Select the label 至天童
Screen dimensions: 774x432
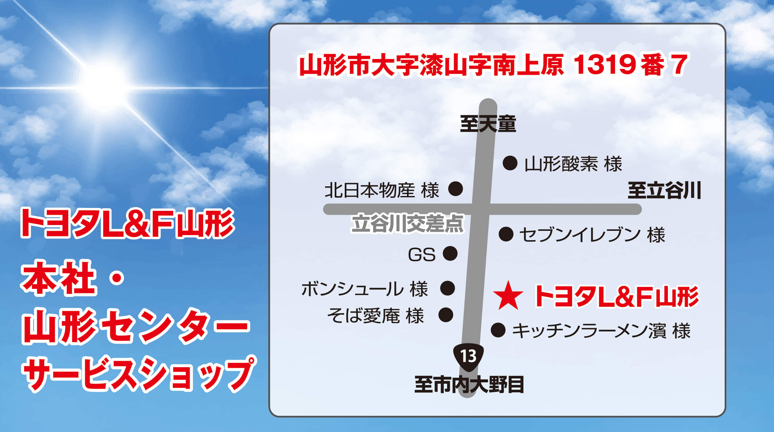tap(488, 124)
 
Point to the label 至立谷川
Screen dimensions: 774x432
tap(664, 191)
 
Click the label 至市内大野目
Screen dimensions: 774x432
tap(469, 385)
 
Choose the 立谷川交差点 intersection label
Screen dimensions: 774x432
tap(407, 223)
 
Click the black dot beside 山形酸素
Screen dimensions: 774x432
tap(510, 163)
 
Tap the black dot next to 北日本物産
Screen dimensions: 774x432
tap(456, 189)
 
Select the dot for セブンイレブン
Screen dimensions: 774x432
tap(506, 234)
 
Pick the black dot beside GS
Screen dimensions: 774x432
tap(450, 253)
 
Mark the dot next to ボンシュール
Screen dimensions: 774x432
tap(448, 288)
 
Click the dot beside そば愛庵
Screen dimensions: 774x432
tap(446, 315)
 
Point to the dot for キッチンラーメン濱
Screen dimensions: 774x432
tap(498, 330)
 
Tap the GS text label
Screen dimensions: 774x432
tap(422, 255)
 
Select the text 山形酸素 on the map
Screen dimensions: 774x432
tap(561, 164)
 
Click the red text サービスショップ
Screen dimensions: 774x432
tap(139, 374)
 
